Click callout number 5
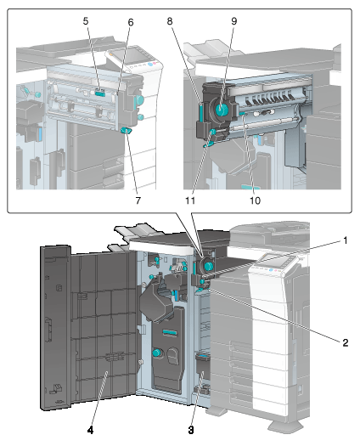[x=86, y=21]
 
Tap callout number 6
[x=131, y=22]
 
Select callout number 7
[x=138, y=200]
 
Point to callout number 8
[x=170, y=21]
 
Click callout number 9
[x=233, y=21]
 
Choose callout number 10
[x=255, y=200]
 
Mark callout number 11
[x=190, y=200]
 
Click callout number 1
[x=346, y=240]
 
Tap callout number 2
[x=346, y=342]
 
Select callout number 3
[x=191, y=430]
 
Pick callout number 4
[x=90, y=430]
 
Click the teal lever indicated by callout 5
[x=100, y=92]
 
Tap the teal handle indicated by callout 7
[x=126, y=131]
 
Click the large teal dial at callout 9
[x=222, y=110]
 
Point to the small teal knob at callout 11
[x=212, y=132]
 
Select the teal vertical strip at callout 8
[x=200, y=112]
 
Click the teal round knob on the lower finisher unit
[x=156, y=353]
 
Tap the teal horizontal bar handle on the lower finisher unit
[x=171, y=332]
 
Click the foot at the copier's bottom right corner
[x=286, y=426]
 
